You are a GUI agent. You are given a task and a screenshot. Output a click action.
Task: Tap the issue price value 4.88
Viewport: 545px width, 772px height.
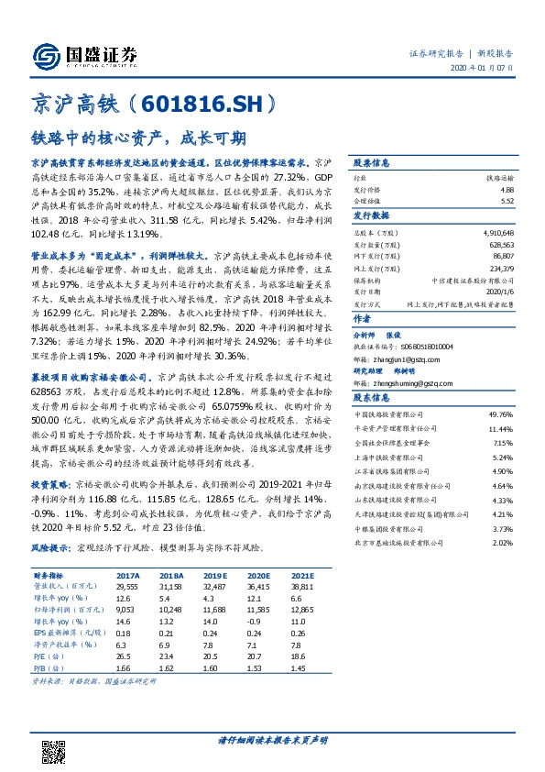[x=507, y=189]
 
